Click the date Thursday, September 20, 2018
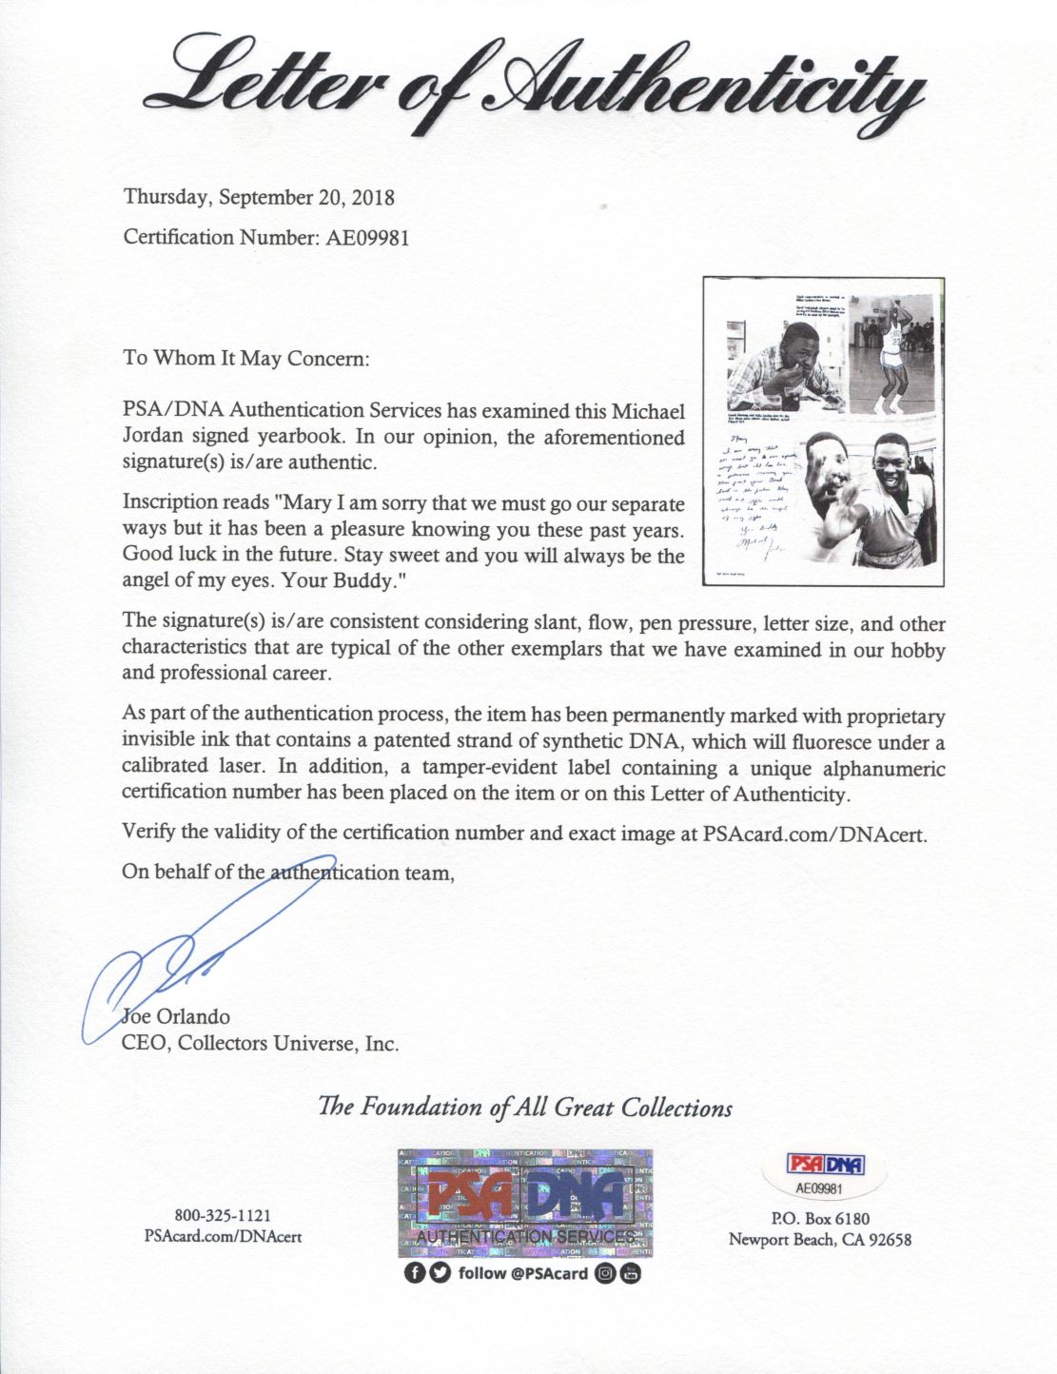tap(259, 198)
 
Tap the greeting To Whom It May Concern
tap(245, 359)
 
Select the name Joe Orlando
tap(178, 1016)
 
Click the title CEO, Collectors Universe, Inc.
tap(261, 1043)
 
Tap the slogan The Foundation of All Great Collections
tap(525, 1108)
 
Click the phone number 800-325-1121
tap(223, 1215)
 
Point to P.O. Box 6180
tap(820, 1218)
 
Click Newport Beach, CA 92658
tap(820, 1239)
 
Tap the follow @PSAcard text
tap(522, 1273)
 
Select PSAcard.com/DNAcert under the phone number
tap(223, 1236)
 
